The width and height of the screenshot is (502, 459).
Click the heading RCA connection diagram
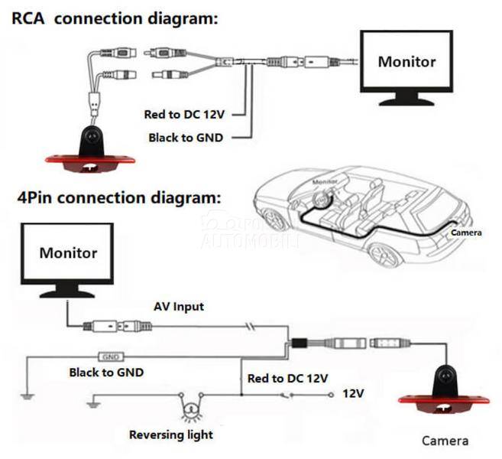click(115, 17)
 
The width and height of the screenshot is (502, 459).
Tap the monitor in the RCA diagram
click(407, 66)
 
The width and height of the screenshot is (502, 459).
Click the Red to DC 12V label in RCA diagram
click(184, 114)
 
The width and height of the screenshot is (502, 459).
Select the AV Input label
click(178, 307)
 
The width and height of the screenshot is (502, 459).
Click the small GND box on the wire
click(112, 356)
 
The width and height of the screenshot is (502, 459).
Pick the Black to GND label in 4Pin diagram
click(106, 373)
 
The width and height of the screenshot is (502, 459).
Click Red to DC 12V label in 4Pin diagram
click(287, 378)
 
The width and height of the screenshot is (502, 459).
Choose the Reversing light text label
click(171, 435)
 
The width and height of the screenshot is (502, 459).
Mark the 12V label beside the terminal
click(353, 394)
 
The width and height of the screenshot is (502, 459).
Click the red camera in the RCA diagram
click(90, 149)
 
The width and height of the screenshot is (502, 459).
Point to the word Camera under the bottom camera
click(445, 441)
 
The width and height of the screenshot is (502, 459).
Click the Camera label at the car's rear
click(465, 232)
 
